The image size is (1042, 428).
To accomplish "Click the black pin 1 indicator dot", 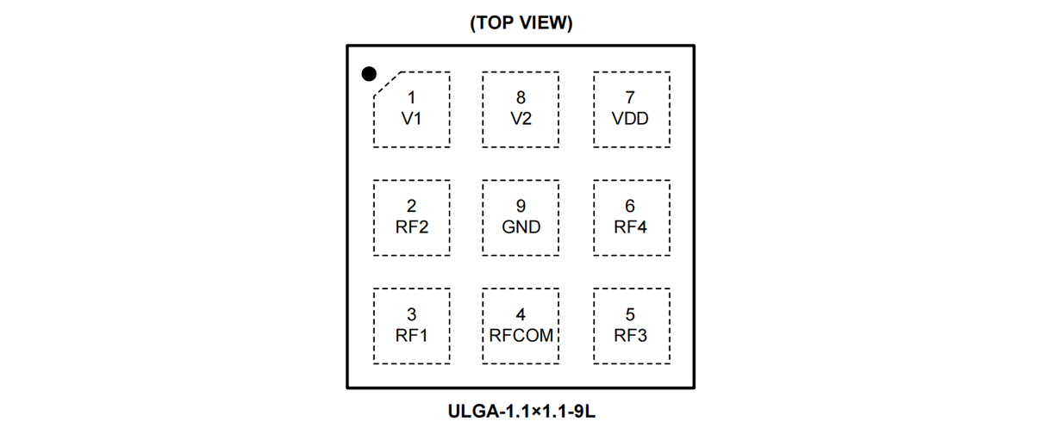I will click(369, 74).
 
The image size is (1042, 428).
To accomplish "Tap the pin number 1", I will click(411, 98).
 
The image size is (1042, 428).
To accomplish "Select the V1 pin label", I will click(411, 119).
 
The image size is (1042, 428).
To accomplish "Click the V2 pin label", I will click(521, 119).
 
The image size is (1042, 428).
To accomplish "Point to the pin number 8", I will click(521, 98).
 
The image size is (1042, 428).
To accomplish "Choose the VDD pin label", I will click(630, 119).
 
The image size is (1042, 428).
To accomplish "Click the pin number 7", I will click(630, 98).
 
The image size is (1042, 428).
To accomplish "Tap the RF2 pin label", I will click(411, 227).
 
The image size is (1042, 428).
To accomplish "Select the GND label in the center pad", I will click(521, 227).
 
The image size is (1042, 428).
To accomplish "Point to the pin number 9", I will click(521, 207).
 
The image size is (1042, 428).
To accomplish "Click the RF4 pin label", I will click(630, 227).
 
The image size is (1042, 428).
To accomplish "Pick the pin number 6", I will click(630, 207).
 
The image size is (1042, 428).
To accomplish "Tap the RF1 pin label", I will click(411, 336).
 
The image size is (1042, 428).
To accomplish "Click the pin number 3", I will click(411, 315).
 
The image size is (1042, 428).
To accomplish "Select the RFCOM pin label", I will click(521, 336).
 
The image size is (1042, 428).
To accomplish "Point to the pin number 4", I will click(521, 315).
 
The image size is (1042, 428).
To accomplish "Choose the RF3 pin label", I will click(630, 336).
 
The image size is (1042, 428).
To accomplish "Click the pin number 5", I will click(630, 315).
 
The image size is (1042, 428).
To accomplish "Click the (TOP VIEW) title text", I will click(521, 23).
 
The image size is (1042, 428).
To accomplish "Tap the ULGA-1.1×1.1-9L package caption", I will click(521, 411).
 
